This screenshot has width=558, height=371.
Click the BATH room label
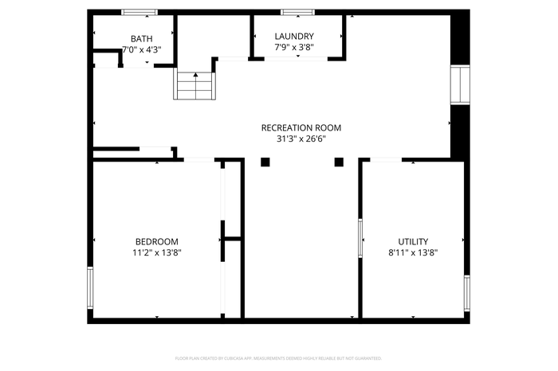point(141,38)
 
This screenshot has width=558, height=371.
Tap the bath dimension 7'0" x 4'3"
point(141,49)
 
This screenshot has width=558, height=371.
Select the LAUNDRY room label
point(294,36)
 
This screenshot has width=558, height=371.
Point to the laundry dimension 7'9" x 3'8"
point(294,47)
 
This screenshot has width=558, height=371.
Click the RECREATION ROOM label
point(301,127)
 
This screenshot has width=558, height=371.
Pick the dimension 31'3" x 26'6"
point(301,139)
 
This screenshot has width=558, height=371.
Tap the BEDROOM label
point(156,241)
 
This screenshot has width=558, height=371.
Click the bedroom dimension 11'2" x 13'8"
point(156,252)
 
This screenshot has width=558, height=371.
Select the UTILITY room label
point(413,241)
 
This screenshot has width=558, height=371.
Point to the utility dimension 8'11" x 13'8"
point(413,252)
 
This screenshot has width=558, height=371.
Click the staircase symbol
point(195,85)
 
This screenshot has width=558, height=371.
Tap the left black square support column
point(265,162)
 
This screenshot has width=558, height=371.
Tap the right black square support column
point(339,162)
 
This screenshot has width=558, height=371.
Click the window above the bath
point(139,12)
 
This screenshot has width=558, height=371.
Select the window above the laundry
point(296,12)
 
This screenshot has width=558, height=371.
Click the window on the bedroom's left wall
point(90,287)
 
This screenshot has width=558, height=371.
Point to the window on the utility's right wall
point(467,295)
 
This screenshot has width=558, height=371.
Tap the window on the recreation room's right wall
point(460,84)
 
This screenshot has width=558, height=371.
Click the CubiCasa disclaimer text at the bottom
point(278,358)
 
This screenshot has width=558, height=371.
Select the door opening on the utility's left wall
point(360,240)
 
